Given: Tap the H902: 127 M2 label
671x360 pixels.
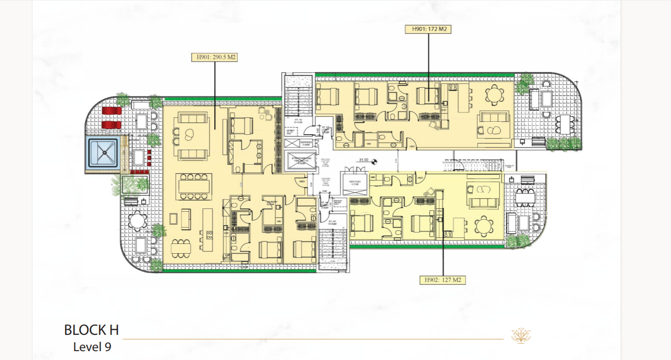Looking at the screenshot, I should [x=442, y=280].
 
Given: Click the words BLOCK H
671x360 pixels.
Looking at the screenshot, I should [x=91, y=330].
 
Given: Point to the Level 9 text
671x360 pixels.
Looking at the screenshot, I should [x=92, y=347].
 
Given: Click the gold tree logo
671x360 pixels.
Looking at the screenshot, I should [x=521, y=335].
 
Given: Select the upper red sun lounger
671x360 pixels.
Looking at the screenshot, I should [x=112, y=111].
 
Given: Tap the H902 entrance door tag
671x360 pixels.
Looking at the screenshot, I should [x=420, y=178].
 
